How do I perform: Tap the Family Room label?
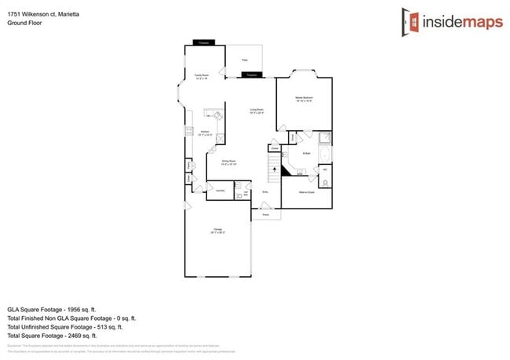pos(202,77)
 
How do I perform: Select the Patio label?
pos(245,60)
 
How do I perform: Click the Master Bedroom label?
pos(304,98)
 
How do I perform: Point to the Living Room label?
pos(257,111)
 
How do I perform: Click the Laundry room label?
pos(220,191)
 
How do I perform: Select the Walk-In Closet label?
pos(306,191)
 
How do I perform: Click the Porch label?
pos(266,213)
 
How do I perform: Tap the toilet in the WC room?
pos(325,178)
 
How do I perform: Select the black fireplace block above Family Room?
pos(203,42)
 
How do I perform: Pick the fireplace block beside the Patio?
pos(251,75)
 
